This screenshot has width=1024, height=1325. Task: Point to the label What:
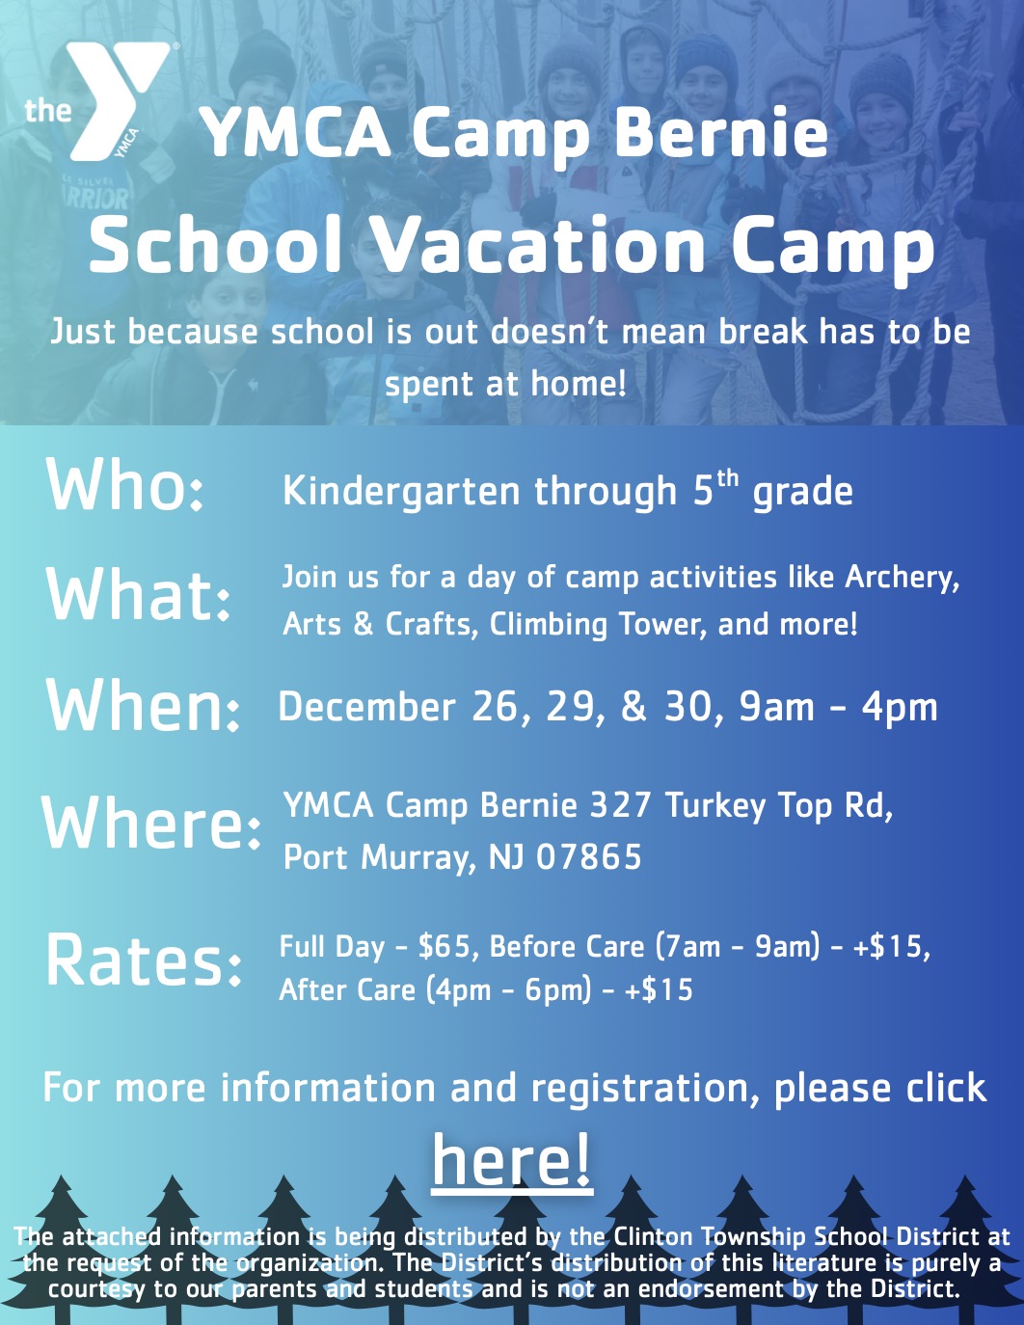click(139, 595)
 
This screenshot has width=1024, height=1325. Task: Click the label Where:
click(151, 824)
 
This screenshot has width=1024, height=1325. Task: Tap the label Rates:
click(144, 960)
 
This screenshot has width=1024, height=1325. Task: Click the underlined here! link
click(511, 1160)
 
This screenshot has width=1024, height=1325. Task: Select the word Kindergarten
click(402, 492)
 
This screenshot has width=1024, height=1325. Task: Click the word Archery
click(902, 578)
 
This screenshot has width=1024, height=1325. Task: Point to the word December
click(366, 707)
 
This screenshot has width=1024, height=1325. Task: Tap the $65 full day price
click(447, 947)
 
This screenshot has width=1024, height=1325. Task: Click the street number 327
click(620, 805)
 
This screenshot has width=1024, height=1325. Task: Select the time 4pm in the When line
click(900, 707)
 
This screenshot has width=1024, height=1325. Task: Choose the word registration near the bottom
click(637, 1089)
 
